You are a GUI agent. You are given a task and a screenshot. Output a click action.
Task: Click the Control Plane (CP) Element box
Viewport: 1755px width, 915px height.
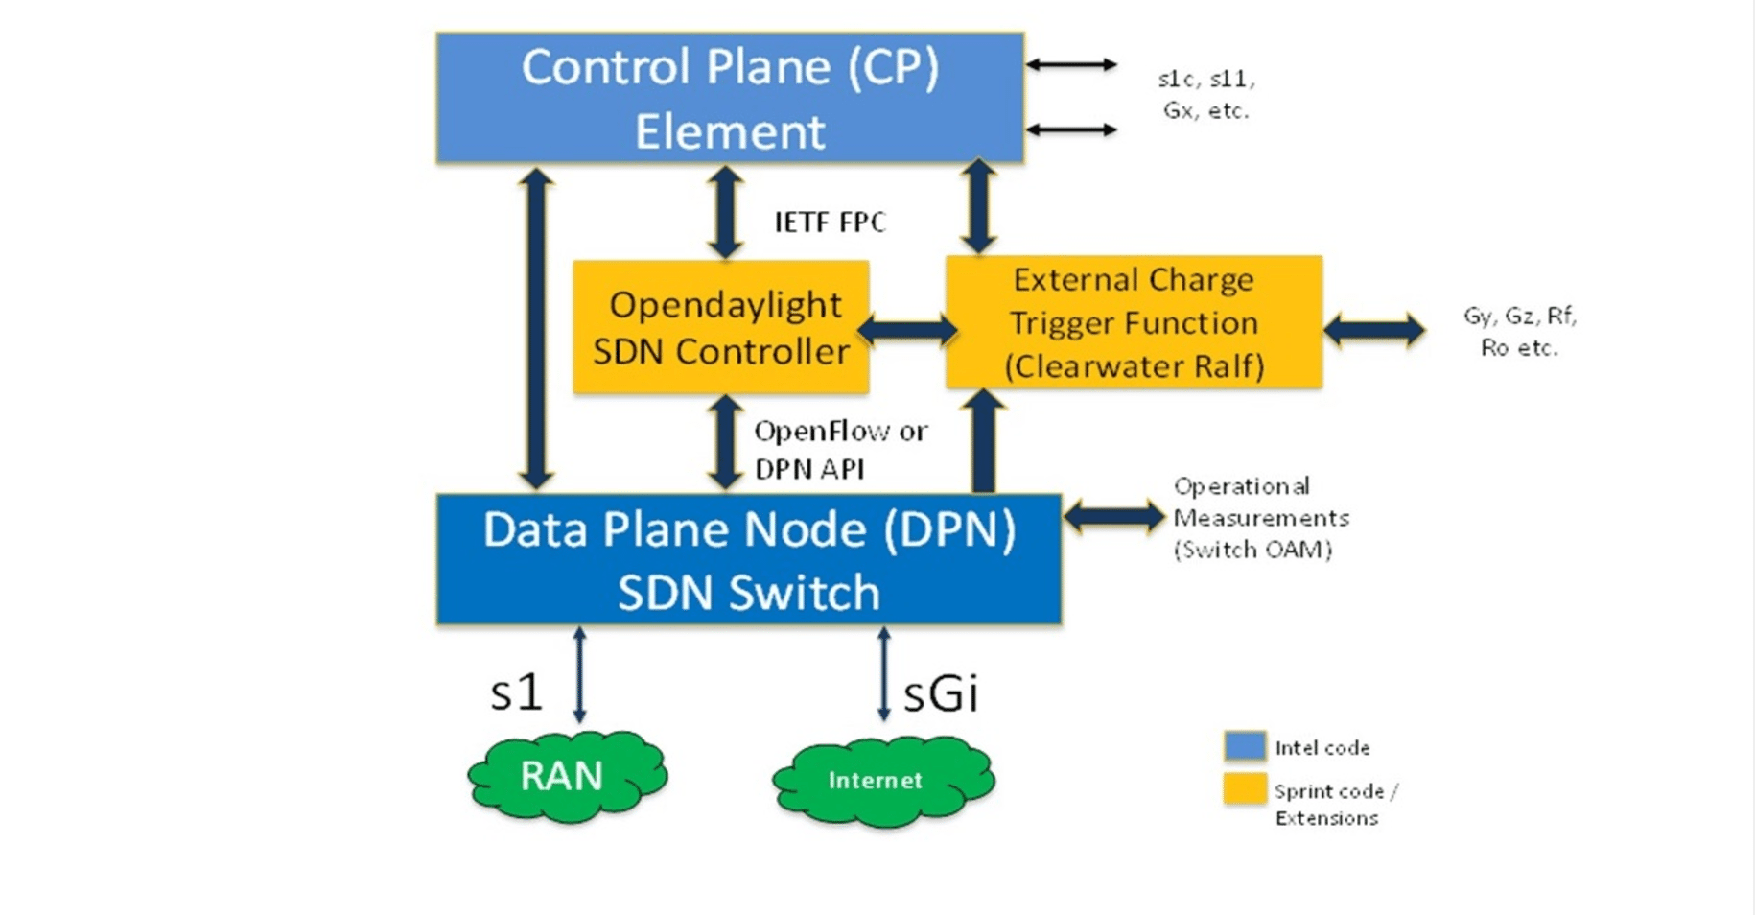pos(730,98)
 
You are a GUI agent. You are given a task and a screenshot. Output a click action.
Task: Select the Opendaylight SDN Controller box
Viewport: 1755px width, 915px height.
pos(721,327)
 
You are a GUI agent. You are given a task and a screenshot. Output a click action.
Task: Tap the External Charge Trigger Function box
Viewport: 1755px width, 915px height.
pos(1134,322)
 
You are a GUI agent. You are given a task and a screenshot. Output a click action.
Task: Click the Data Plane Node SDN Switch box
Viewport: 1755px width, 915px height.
pos(748,560)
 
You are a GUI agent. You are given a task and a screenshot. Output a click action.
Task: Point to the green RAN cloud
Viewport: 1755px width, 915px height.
pos(567,776)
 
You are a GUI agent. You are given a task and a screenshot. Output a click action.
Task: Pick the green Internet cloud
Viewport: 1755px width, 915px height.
pos(882,781)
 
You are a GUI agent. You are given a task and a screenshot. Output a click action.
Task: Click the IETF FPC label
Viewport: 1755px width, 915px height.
pos(830,223)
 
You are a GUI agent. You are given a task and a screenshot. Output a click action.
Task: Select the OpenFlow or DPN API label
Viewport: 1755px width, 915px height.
pos(840,450)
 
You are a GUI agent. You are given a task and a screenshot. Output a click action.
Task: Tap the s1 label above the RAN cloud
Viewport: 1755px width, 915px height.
pos(516,692)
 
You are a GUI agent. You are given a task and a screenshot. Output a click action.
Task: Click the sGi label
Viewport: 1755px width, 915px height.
pos(941,693)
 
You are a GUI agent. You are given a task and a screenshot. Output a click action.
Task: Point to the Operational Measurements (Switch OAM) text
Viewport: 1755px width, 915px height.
pos(1259,518)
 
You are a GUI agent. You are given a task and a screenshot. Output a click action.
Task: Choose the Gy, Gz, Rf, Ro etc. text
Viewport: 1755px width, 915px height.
pos(1519,331)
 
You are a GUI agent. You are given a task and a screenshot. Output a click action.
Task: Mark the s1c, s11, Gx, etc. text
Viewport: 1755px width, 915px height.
pos(1205,94)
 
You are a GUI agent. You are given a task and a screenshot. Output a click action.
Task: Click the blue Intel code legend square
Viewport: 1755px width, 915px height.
pos(1245,746)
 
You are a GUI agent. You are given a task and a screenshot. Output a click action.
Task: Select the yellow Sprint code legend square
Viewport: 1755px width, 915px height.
pos(1245,788)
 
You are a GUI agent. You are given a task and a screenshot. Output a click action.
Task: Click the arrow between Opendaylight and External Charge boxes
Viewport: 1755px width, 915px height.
pos(907,331)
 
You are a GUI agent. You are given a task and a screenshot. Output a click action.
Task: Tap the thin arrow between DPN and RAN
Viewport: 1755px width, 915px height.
pos(579,674)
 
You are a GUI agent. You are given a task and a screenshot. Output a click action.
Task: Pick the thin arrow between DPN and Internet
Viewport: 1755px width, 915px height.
pos(883,674)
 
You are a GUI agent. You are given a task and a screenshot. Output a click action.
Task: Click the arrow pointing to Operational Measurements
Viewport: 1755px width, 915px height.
pos(1114,517)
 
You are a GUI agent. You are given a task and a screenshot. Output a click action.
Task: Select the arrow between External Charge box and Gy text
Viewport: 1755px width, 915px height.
pos(1373,330)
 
